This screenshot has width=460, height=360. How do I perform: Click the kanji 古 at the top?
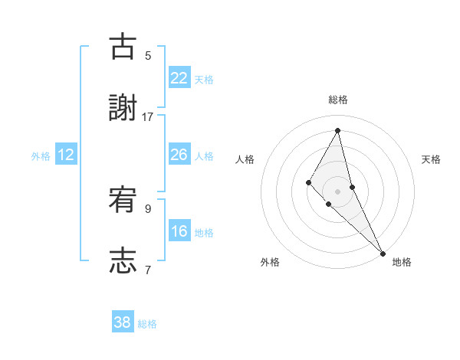point(123,47)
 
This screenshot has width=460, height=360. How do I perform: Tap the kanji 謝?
point(123,108)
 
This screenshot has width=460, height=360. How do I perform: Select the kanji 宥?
point(123,201)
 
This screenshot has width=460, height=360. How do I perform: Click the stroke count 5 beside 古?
point(148,55)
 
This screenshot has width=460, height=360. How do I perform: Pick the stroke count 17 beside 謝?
point(148,116)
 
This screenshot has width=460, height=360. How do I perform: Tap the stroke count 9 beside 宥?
point(148,208)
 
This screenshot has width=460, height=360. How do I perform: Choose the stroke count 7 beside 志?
point(148,270)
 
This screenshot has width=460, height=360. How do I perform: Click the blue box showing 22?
point(179,78)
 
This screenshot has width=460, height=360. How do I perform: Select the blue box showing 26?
point(179,155)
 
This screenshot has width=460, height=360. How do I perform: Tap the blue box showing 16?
point(179,231)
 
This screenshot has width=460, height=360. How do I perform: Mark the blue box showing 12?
point(66,155)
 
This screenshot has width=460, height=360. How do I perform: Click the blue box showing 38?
point(123,322)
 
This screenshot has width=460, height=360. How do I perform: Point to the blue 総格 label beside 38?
point(147,324)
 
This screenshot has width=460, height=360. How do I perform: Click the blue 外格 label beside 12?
point(41,156)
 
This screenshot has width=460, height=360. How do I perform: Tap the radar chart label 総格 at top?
point(337,100)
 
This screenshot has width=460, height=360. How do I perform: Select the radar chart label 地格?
point(402,262)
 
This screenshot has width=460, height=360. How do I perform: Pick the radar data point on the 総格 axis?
point(337,129)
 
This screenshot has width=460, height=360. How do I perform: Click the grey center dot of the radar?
point(337,191)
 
